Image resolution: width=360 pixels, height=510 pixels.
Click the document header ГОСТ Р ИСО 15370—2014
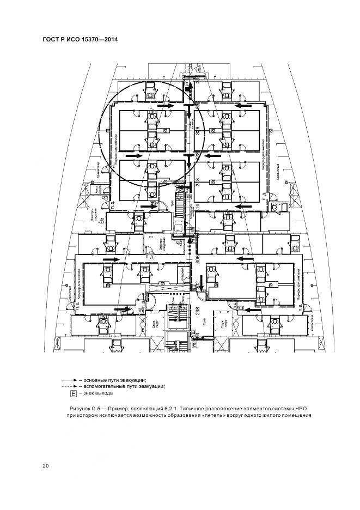pos(80,40)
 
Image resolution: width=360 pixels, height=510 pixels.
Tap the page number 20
pos(46,465)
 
